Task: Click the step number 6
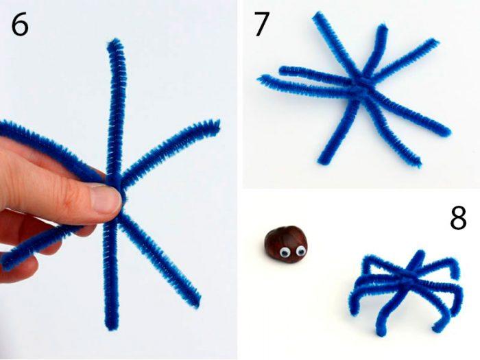[20, 25]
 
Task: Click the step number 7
[261, 24]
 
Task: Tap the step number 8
[458, 217]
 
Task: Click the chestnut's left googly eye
[285, 252]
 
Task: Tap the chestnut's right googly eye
[300, 252]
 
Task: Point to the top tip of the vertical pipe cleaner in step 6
[115, 40]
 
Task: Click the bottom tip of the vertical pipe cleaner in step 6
[111, 328]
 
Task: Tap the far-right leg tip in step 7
[447, 132]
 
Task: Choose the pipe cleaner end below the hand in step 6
[6, 264]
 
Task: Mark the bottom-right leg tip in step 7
[417, 163]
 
